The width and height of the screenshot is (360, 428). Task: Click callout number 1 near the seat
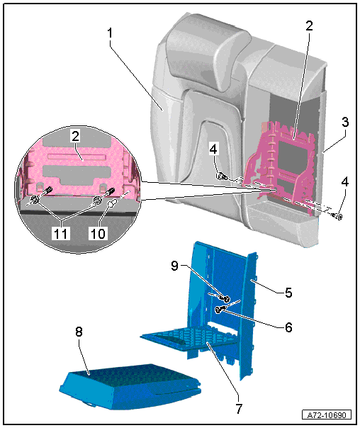pos(110,33)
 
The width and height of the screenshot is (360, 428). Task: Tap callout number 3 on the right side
pos(345,122)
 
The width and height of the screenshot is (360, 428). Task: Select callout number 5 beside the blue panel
pos(288,293)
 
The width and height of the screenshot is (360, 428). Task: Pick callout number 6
pos(288,327)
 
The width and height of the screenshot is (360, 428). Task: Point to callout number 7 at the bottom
pos(239,409)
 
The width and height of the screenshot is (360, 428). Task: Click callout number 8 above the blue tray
pos(79,332)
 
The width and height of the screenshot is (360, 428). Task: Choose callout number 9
pos(174,265)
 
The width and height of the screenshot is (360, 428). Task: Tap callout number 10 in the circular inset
pos(98,234)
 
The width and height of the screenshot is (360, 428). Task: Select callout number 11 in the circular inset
pos(61,234)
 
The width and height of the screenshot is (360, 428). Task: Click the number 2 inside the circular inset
pos(75,136)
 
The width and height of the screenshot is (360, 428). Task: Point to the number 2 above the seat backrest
pos(309,26)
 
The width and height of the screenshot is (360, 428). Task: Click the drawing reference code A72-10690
pos(327,415)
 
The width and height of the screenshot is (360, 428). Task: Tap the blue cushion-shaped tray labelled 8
pos(130,386)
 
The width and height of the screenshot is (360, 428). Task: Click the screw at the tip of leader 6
pos(220,309)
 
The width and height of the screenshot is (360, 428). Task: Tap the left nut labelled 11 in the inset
pos(35,201)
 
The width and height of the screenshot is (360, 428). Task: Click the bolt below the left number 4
pos(222,176)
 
